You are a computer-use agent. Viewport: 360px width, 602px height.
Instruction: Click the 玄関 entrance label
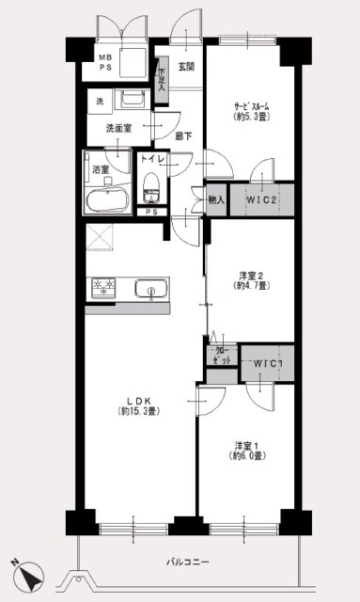pos(185,67)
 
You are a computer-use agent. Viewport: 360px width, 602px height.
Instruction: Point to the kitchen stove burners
pos(102,288)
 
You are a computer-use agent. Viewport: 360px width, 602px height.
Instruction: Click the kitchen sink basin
pos(150,289)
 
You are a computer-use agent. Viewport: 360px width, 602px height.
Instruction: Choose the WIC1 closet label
pos(268,364)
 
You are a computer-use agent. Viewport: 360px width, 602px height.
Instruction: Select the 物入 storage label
pos(215,199)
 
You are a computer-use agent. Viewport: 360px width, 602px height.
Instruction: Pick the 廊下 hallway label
pos(183,137)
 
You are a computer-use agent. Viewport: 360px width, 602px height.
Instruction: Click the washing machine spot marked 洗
pos(99,101)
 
